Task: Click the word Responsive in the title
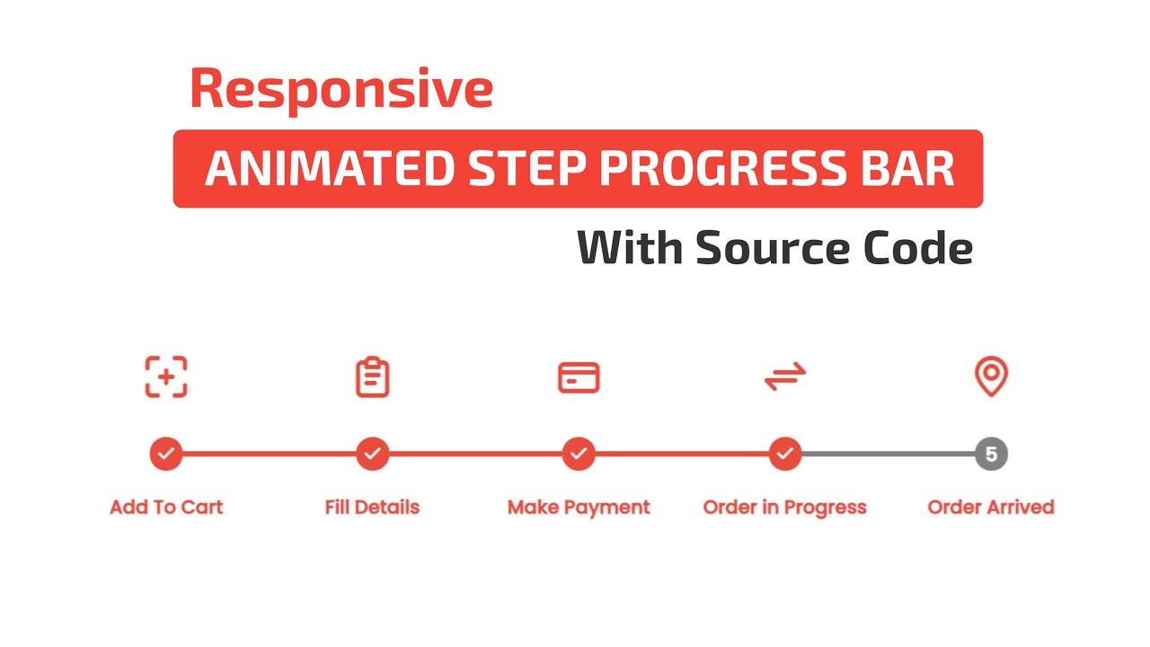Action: click(341, 90)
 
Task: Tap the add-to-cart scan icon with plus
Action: click(166, 377)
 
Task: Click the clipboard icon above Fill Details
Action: click(372, 377)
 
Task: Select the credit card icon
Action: click(579, 378)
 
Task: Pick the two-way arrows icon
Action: click(785, 377)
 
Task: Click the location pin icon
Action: click(991, 377)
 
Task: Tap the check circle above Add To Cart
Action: click(166, 454)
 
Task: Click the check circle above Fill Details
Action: click(372, 454)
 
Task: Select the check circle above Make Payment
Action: click(579, 454)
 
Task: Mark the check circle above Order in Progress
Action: click(785, 454)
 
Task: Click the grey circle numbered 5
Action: click(991, 454)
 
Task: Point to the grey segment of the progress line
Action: click(888, 454)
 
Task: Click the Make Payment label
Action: click(579, 508)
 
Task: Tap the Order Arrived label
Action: click(990, 508)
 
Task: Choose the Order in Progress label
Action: click(784, 508)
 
